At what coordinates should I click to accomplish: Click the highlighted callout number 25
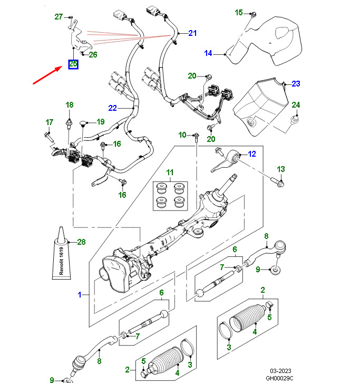tap(73, 64)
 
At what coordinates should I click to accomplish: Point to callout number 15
tap(239, 12)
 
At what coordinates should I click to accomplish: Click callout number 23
tap(296, 84)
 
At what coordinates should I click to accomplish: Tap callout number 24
tap(296, 105)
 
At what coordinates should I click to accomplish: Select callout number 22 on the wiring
tap(112, 108)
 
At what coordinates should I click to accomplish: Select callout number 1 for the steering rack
tap(80, 295)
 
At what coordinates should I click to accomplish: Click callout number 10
tap(182, 136)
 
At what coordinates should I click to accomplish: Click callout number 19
tap(101, 122)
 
